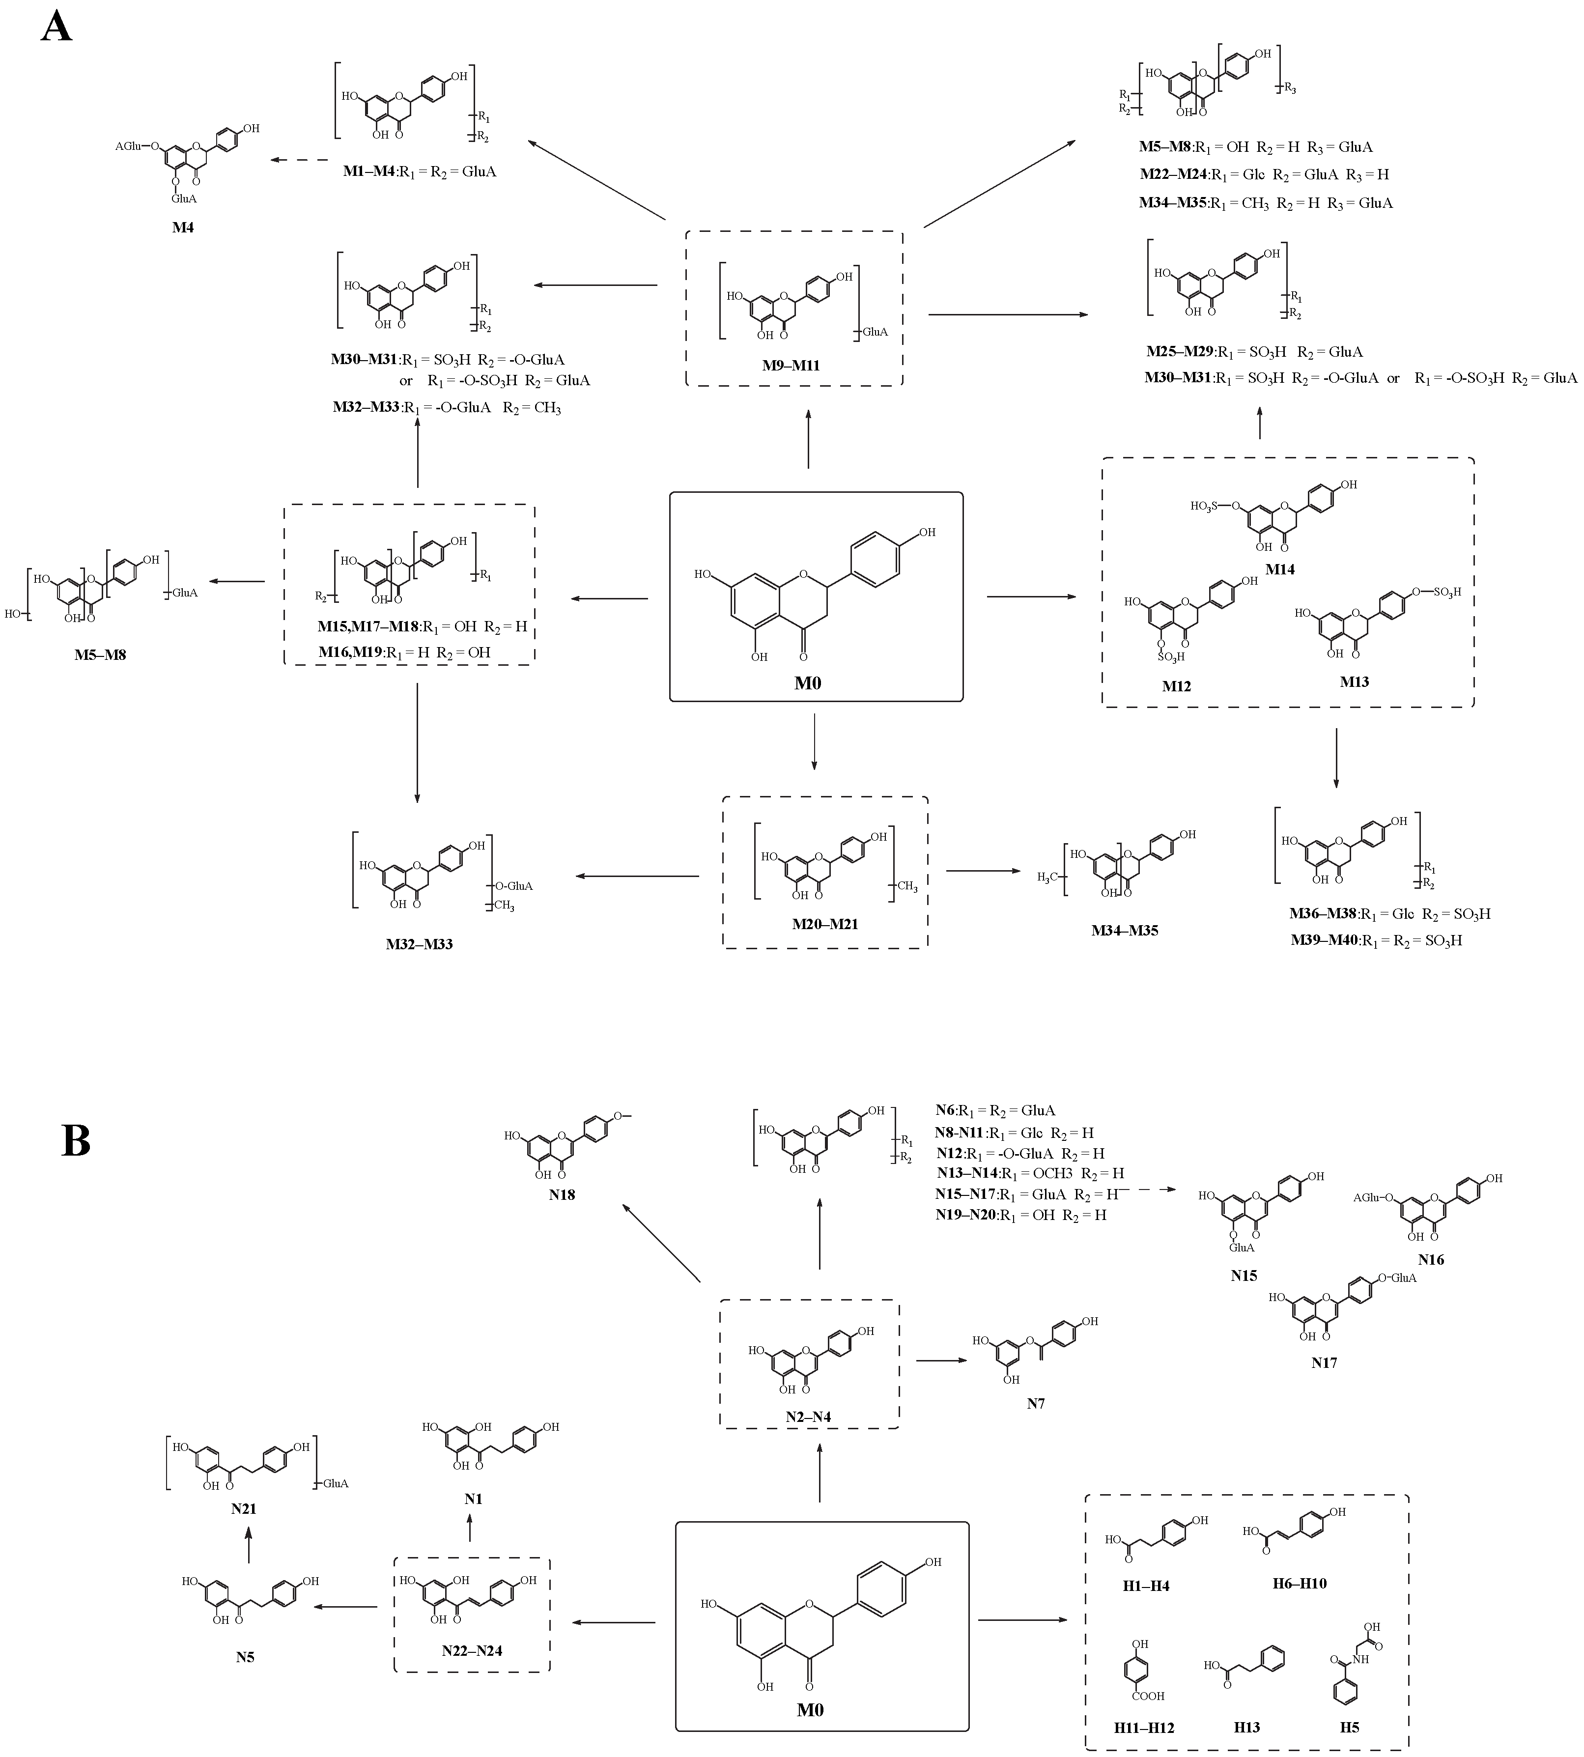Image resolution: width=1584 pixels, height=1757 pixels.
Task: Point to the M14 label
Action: point(1279,569)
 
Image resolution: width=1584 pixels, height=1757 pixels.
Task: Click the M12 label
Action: point(1177,686)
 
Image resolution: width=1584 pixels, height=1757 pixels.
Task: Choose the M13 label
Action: point(1354,681)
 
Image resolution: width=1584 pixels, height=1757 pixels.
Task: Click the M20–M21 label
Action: point(825,923)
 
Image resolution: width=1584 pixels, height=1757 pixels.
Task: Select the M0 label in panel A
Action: point(808,683)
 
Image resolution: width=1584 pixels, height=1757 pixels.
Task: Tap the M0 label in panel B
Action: point(810,1710)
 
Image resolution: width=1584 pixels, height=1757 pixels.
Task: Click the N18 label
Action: point(562,1195)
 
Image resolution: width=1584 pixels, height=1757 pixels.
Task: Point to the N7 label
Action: point(1036,1403)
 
